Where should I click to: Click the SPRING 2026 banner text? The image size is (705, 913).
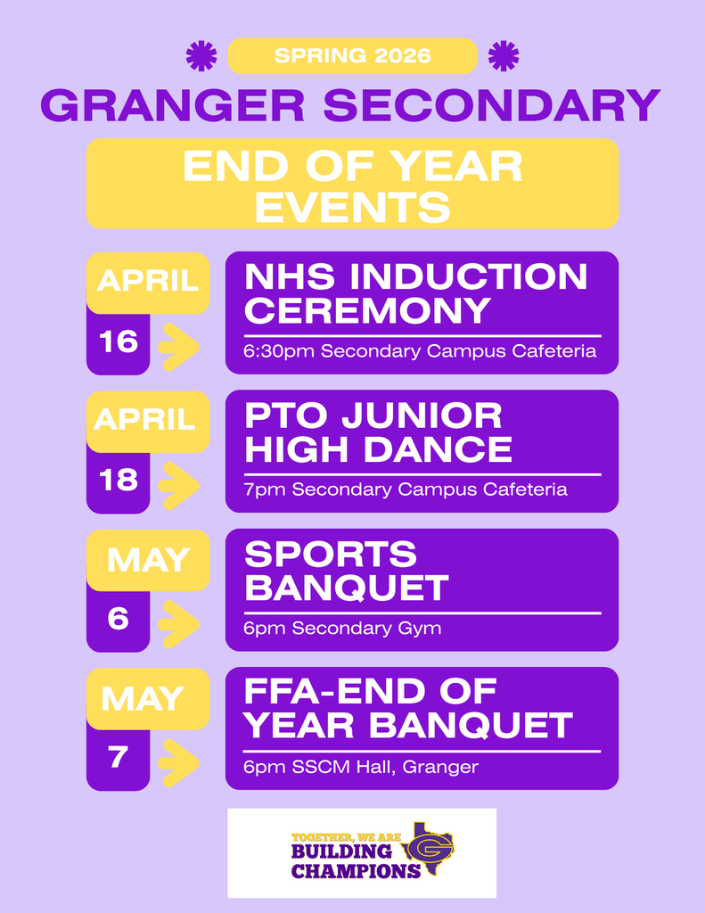pyautogui.click(x=352, y=56)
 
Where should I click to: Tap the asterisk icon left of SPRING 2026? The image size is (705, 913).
pyautogui.click(x=201, y=56)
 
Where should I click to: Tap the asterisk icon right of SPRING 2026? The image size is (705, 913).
pyautogui.click(x=504, y=56)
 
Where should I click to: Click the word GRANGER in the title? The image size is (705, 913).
pyautogui.click(x=173, y=105)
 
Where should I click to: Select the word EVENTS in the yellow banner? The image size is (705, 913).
pyautogui.click(x=353, y=207)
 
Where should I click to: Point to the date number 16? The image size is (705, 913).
pyautogui.click(x=119, y=341)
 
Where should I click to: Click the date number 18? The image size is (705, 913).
pyautogui.click(x=119, y=481)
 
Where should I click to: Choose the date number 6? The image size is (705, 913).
pyautogui.click(x=119, y=619)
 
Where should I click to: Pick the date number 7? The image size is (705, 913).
pyautogui.click(x=119, y=757)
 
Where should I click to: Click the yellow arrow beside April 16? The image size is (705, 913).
pyautogui.click(x=179, y=347)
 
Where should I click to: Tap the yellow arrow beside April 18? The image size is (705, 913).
pyautogui.click(x=179, y=486)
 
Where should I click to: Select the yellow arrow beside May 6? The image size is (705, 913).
pyautogui.click(x=179, y=624)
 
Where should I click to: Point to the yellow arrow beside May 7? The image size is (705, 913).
pyautogui.click(x=179, y=763)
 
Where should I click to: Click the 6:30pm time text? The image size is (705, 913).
pyautogui.click(x=280, y=351)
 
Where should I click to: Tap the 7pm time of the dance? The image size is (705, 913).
pyautogui.click(x=265, y=489)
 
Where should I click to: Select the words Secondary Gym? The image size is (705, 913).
pyautogui.click(x=366, y=629)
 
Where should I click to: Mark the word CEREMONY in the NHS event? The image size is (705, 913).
pyautogui.click(x=367, y=310)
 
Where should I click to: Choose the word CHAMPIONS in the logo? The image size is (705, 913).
pyautogui.click(x=356, y=871)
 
